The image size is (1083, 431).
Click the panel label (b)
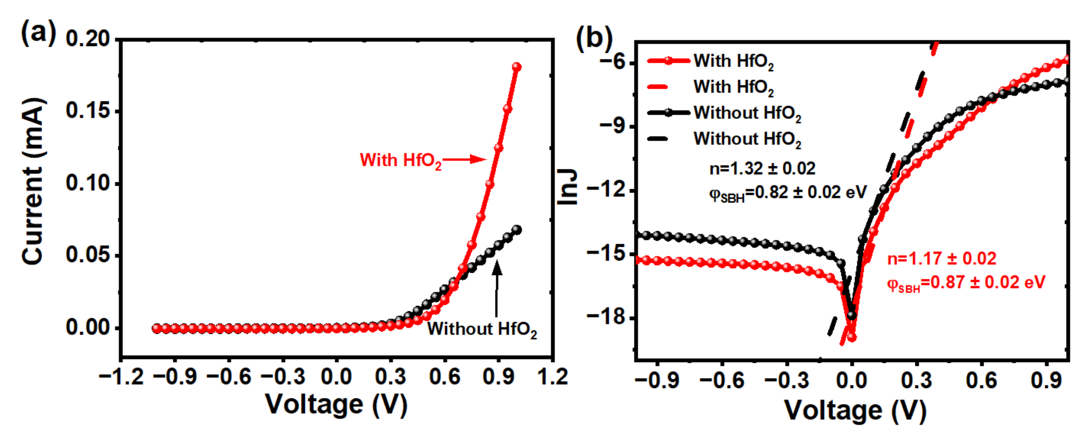[x=594, y=38]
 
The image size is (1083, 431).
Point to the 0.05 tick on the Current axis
[x=88, y=255]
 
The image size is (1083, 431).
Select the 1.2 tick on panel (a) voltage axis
[x=552, y=376]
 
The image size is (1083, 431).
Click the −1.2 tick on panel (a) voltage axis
[x=121, y=376]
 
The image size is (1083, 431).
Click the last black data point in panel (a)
[x=517, y=230]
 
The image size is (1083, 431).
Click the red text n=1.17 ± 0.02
[x=942, y=259]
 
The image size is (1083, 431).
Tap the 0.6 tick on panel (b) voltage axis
[x=981, y=380]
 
